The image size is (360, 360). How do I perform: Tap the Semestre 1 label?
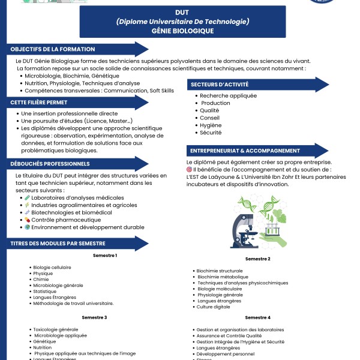point(105,256)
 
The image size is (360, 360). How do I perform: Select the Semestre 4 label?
point(257,317)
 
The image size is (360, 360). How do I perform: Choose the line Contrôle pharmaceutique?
point(62,220)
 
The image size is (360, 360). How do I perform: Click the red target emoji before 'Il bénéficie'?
point(190,170)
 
